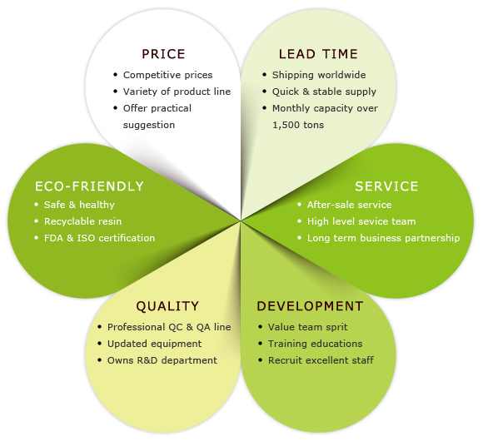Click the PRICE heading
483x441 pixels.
(x=163, y=54)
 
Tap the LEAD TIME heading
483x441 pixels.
(x=318, y=54)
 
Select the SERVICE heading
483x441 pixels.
(x=386, y=186)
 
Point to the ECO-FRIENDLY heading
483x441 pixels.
(x=89, y=186)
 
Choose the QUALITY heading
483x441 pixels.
(x=167, y=306)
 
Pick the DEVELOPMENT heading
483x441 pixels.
(x=310, y=306)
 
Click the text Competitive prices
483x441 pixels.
(x=168, y=75)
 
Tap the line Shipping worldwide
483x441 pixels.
(x=319, y=75)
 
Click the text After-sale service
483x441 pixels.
(x=349, y=205)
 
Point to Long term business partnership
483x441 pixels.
(x=384, y=238)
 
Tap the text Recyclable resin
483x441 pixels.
(x=83, y=221)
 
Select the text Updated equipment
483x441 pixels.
(x=154, y=344)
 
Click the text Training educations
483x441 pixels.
(x=315, y=344)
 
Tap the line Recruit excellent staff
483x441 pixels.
(x=321, y=360)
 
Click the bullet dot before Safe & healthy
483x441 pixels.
(x=37, y=204)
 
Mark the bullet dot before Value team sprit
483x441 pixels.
(x=261, y=326)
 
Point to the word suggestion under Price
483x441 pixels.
(x=149, y=126)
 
